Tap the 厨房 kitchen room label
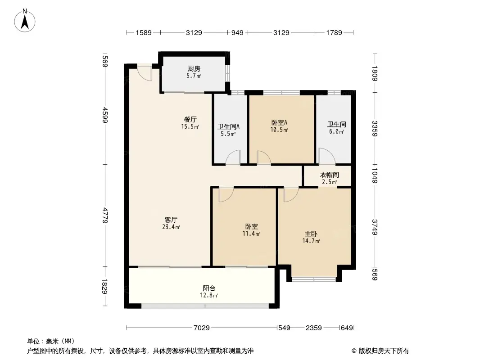(194, 69)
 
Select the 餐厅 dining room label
(190, 120)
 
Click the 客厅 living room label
(171, 220)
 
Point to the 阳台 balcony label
(208, 288)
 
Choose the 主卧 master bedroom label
(311, 234)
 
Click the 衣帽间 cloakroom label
(329, 175)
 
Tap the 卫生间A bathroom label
(229, 126)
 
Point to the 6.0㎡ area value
(336, 132)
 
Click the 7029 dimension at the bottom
(202, 328)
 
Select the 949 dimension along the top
(237, 32)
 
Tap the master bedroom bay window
(314, 279)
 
